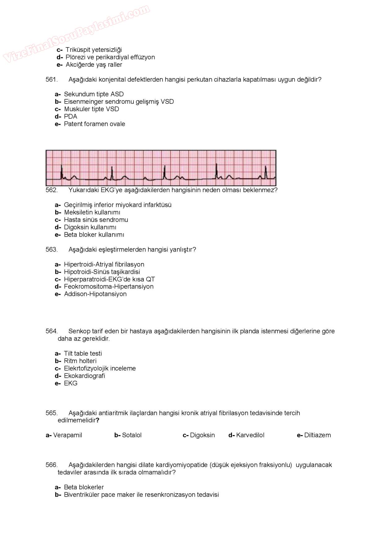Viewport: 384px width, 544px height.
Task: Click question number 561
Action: pyautogui.click(x=51, y=80)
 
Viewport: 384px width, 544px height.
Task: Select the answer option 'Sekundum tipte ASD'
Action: pyautogui.click(x=94, y=94)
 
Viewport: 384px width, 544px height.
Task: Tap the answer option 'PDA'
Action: pyautogui.click(x=70, y=117)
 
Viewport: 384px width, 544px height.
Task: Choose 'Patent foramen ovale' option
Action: pyautogui.click(x=94, y=124)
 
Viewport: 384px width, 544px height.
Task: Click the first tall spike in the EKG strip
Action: pyautogui.click(x=62, y=171)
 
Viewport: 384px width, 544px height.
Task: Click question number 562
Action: pyautogui.click(x=51, y=190)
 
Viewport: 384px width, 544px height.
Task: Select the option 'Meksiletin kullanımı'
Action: pyautogui.click(x=92, y=212)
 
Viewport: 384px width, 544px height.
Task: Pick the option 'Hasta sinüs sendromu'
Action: pyautogui.click(x=96, y=220)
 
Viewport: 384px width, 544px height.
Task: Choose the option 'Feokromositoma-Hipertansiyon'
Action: pyautogui.click(x=108, y=287)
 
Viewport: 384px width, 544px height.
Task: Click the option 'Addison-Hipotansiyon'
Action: pyautogui.click(x=95, y=294)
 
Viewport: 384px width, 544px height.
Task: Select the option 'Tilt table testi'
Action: pyautogui.click(x=83, y=354)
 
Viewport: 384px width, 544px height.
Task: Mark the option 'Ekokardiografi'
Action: pyautogui.click(x=84, y=376)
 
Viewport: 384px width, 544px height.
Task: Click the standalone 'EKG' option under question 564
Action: pyautogui.click(x=71, y=383)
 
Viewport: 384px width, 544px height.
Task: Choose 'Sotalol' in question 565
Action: pyautogui.click(x=132, y=435)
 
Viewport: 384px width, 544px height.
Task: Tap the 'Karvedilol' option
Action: pyautogui.click(x=250, y=435)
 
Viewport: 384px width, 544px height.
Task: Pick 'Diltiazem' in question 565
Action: pyautogui.click(x=317, y=435)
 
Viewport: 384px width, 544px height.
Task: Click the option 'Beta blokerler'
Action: pyautogui.click(x=84, y=487)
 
